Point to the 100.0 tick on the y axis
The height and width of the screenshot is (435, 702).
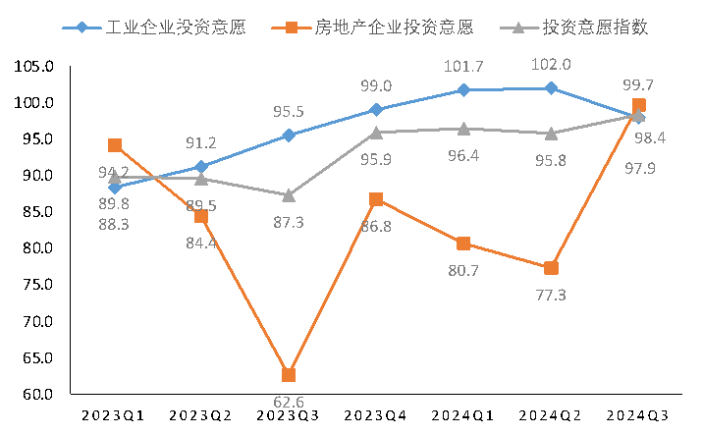click(x=34, y=103)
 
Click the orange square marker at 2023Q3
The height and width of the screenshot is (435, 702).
click(x=289, y=375)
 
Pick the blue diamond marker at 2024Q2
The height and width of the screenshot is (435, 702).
click(x=552, y=88)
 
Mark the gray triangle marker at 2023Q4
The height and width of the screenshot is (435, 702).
click(x=376, y=133)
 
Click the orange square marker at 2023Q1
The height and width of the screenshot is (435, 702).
click(x=115, y=145)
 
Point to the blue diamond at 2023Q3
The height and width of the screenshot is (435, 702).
click(x=289, y=136)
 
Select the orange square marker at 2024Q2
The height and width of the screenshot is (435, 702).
click(x=552, y=268)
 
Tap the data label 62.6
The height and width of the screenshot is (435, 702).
click(x=289, y=401)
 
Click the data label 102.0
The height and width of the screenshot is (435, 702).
click(x=551, y=65)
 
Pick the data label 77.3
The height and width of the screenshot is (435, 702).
click(x=550, y=295)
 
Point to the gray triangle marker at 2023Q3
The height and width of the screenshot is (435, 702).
click(x=289, y=195)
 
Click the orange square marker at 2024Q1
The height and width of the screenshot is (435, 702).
click(x=463, y=244)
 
